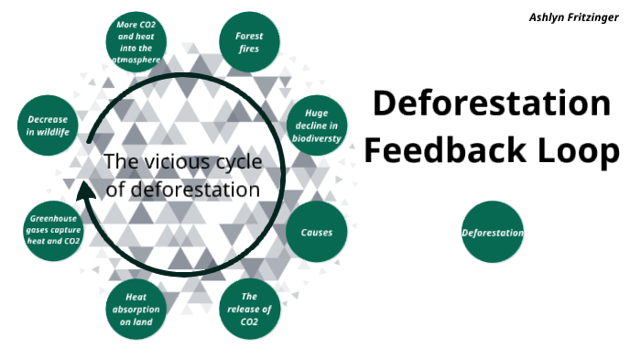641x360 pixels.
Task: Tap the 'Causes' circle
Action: coord(317,232)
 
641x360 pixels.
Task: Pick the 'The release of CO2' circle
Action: coord(250,309)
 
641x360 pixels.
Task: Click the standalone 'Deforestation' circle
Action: coord(493,232)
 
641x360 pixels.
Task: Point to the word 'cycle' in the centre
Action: coord(235,163)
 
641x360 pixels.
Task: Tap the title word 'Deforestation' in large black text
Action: coord(491,103)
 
